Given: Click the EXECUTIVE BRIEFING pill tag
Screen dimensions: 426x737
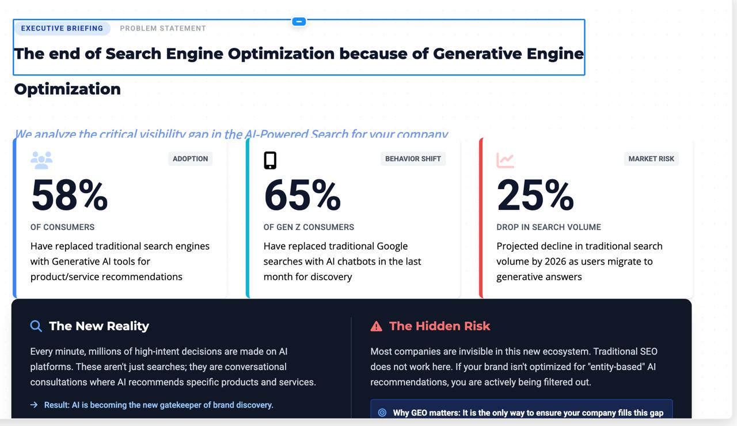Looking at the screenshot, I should tap(62, 28).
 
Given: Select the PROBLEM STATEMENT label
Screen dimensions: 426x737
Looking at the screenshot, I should tap(163, 28).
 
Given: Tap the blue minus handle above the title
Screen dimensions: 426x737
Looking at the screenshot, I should tap(298, 21).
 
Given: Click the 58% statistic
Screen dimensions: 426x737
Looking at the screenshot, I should tap(69, 195).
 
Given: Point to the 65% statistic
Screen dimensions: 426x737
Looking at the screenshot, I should tap(302, 195).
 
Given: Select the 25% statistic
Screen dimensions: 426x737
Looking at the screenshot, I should tap(535, 195).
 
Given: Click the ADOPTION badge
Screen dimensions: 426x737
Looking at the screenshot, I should tap(190, 159).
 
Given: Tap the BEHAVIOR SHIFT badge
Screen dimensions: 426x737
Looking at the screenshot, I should tap(413, 159).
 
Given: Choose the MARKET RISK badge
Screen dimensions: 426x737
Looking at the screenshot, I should tap(651, 159).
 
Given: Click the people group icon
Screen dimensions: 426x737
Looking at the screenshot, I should tap(41, 160).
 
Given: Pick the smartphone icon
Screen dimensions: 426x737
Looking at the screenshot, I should tap(270, 160).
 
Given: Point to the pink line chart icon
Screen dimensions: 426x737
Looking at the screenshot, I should tap(505, 160).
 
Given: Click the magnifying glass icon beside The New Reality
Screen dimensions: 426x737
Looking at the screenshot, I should tap(36, 326).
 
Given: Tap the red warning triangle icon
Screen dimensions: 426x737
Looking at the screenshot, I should tap(376, 326).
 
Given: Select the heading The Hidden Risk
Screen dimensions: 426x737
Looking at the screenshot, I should tap(439, 326).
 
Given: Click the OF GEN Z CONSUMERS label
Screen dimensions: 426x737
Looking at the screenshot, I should tap(309, 227).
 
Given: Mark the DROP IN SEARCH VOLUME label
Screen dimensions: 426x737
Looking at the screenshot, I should tap(548, 227).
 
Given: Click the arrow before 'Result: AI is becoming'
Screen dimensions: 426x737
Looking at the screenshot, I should tap(34, 405).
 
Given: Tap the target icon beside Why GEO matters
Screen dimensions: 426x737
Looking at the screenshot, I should tap(382, 413).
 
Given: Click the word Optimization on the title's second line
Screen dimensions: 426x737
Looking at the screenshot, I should tap(67, 89).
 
